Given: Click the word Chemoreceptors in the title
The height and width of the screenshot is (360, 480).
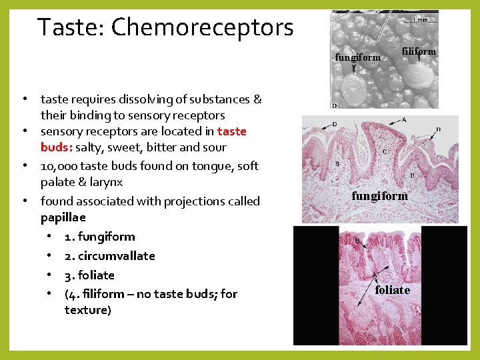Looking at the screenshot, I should (x=202, y=27).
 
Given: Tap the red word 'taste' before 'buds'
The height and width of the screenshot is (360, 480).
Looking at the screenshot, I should (x=232, y=131).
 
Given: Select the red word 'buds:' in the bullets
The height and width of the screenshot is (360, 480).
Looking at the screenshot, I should (x=56, y=147).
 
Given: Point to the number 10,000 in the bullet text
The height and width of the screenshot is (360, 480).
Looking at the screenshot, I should (x=61, y=165).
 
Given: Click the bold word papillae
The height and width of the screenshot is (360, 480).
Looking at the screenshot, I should (x=63, y=217).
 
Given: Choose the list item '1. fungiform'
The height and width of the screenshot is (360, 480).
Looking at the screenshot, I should (x=99, y=237).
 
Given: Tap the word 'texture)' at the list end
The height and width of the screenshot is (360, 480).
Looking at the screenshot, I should (x=88, y=310).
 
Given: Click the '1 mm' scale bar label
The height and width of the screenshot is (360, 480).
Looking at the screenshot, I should (x=421, y=19).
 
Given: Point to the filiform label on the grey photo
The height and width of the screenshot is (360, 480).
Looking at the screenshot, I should (x=419, y=51).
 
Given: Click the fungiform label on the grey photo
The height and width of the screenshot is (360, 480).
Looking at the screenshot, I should (x=357, y=57).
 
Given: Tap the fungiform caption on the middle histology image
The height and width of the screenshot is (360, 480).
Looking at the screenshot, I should (x=379, y=196).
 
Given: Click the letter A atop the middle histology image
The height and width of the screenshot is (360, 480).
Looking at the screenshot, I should (x=403, y=120).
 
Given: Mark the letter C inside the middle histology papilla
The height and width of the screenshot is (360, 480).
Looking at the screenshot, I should (x=385, y=151).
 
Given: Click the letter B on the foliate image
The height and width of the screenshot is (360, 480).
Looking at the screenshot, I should (x=357, y=241).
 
